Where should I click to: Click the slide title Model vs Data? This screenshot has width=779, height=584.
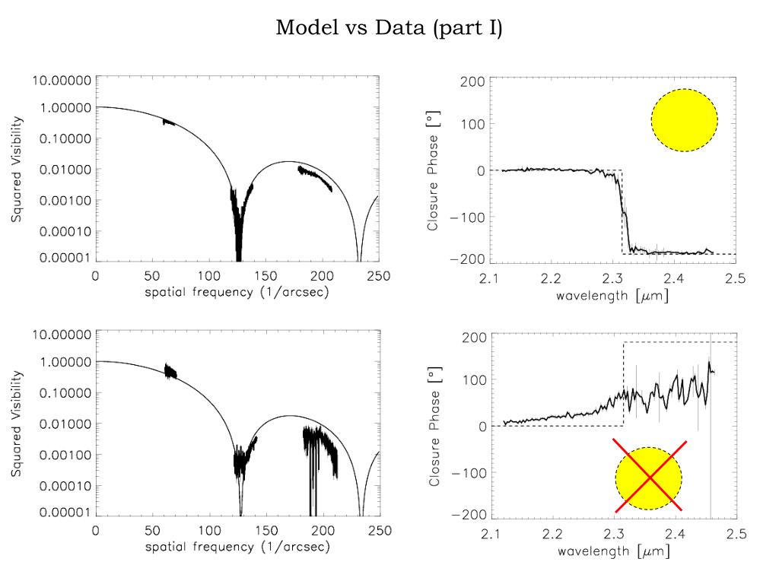(389, 28)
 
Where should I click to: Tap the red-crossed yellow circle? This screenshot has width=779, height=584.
(649, 478)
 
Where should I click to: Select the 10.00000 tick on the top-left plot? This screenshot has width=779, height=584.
(61, 80)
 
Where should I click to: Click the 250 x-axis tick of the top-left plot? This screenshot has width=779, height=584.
(379, 276)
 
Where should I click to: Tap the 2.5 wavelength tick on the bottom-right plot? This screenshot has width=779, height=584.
(736, 534)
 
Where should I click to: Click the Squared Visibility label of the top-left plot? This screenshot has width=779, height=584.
(17, 169)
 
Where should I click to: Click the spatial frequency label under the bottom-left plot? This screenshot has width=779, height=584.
(237, 547)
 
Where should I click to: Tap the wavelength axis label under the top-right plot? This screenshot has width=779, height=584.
(612, 295)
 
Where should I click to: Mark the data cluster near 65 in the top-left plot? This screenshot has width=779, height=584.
(169, 122)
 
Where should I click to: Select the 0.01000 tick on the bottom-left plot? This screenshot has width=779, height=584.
(61, 424)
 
